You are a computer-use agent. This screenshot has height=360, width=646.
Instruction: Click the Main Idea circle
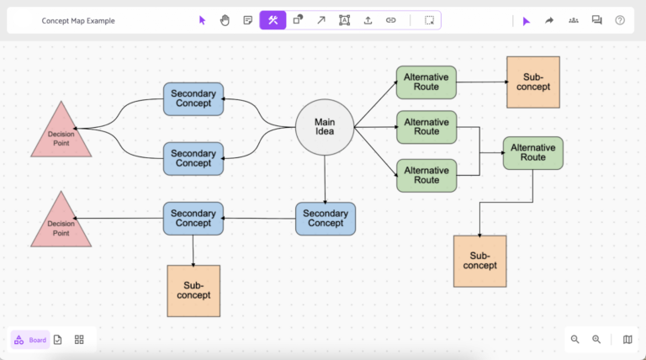324,129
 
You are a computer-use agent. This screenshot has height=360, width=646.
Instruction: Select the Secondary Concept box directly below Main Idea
325,218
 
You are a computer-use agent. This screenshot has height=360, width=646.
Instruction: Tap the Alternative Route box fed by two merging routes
532,153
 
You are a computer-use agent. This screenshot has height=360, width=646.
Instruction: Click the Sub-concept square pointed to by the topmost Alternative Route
532,82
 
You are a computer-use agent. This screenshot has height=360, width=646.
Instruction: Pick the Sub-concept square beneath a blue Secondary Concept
193,290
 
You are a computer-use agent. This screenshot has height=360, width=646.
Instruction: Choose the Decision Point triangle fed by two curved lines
61,131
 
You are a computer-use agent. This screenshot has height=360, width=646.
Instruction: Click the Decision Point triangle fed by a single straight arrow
61,221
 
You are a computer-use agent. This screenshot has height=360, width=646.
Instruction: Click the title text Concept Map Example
78,20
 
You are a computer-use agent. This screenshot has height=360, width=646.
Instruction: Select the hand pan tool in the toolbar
225,20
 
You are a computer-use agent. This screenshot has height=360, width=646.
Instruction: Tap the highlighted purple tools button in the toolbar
273,20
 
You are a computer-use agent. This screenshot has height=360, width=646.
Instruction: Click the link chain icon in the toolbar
390,20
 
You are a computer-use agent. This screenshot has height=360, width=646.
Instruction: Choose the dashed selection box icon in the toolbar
429,20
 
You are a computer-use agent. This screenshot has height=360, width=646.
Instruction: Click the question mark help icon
620,20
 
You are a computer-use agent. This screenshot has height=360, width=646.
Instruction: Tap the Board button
30,340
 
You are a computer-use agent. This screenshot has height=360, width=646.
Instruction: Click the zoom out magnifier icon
575,339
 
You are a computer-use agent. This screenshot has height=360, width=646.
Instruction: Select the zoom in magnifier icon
596,339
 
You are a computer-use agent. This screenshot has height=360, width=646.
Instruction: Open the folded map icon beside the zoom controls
627,339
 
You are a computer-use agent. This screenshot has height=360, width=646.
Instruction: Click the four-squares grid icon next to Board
79,339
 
